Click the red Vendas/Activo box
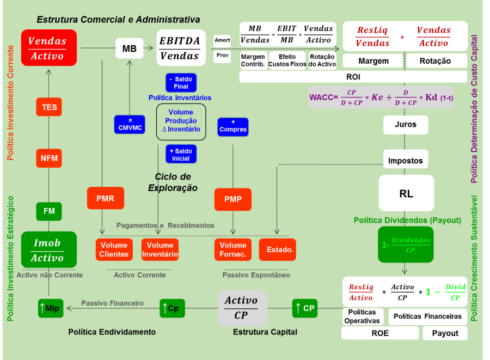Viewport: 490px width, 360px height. [x=48, y=48]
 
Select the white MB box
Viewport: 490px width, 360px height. [x=129, y=48]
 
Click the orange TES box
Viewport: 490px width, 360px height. [x=49, y=107]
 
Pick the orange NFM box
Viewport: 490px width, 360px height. [x=49, y=158]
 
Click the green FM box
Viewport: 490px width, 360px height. [x=49, y=211]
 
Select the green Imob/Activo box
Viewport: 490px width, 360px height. [x=48, y=250]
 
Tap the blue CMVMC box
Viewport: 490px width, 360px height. [x=130, y=125]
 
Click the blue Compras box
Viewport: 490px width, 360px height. [x=232, y=126]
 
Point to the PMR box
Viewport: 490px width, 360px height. [x=105, y=198]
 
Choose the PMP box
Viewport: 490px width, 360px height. [x=232, y=199]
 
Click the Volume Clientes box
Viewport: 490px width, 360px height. [x=114, y=249]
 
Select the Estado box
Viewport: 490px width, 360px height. [x=277, y=249]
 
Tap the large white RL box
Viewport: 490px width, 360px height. [x=406, y=193]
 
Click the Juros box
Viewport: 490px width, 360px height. [x=406, y=125]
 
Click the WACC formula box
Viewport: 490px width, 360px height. [x=381, y=97]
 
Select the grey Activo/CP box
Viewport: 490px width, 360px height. [x=242, y=308]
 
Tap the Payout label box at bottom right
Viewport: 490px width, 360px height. [x=445, y=333]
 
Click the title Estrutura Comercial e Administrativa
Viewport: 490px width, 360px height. [x=118, y=20]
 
